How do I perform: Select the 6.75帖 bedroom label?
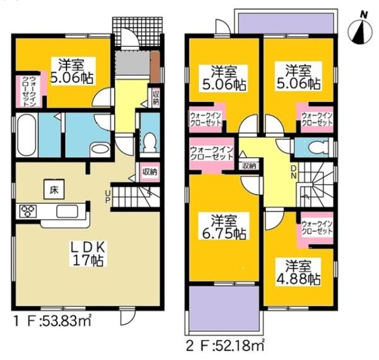tap(224, 227)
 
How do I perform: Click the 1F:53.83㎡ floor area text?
tap(53, 321)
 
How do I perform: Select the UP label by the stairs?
tap(107, 197)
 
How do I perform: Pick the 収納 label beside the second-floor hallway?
tap(249, 166)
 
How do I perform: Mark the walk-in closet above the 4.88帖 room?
tap(316, 228)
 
